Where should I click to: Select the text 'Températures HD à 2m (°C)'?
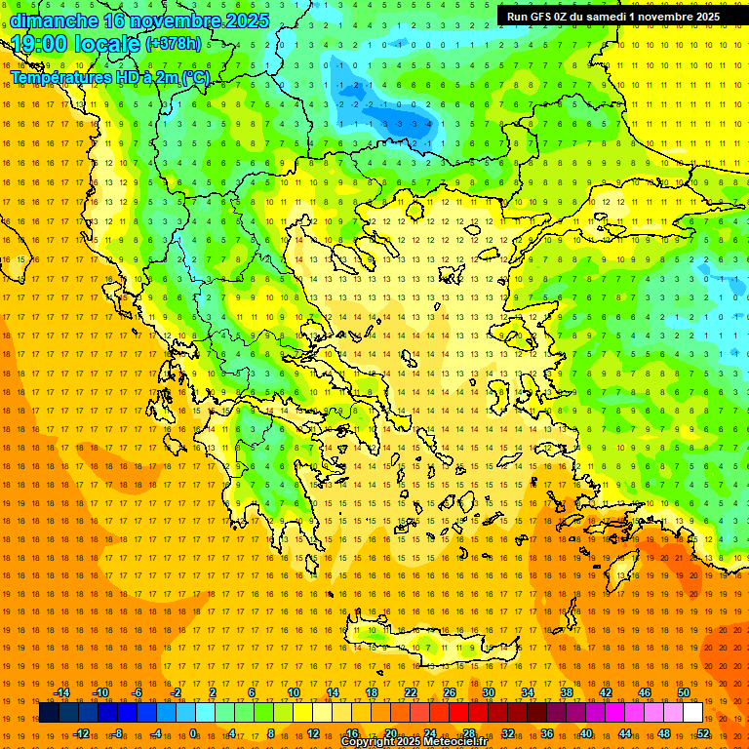pyautogui.click(x=110, y=77)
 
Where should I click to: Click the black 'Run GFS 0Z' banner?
pyautogui.click(x=612, y=16)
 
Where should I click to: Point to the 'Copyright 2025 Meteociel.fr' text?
pyautogui.click(x=414, y=742)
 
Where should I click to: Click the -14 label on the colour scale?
pyautogui.click(x=61, y=692)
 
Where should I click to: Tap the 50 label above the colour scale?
pyautogui.click(x=684, y=692)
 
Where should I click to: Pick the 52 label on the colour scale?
pyautogui.click(x=703, y=732)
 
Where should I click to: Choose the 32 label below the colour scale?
pyautogui.click(x=508, y=732)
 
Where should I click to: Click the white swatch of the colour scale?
pyautogui.click(x=692, y=713)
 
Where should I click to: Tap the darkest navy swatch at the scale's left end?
pyautogui.click(x=49, y=713)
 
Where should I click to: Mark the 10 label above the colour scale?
pyautogui.click(x=294, y=692)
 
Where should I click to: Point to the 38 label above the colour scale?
pyautogui.click(x=567, y=692)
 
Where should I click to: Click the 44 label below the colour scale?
pyautogui.click(x=625, y=732)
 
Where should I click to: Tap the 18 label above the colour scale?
pyautogui.click(x=372, y=692)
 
